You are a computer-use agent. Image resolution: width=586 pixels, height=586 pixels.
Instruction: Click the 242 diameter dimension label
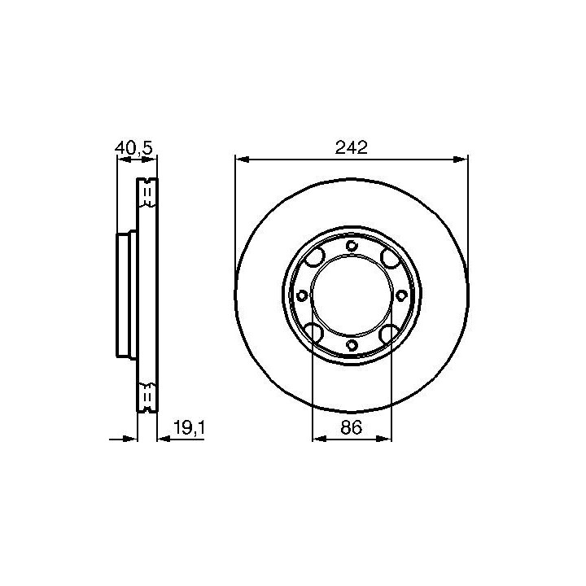[x=352, y=147]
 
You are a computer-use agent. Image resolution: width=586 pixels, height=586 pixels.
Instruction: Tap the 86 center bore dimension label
[x=352, y=427]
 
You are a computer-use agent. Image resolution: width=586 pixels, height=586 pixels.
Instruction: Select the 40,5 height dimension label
[x=133, y=148]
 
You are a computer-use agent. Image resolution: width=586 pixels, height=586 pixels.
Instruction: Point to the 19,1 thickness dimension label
[x=189, y=427]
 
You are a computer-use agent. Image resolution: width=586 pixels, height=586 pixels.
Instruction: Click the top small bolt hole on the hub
[x=352, y=246]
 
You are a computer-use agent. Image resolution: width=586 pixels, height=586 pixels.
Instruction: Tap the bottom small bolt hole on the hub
[x=352, y=345]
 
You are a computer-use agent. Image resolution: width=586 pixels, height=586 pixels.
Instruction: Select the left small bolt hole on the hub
[x=302, y=296]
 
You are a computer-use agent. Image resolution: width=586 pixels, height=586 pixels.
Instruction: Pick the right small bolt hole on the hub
[x=401, y=295]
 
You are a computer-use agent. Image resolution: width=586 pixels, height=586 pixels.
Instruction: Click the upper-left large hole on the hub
[x=314, y=257]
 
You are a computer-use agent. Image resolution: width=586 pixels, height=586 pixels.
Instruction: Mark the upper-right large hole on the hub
[x=390, y=257]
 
